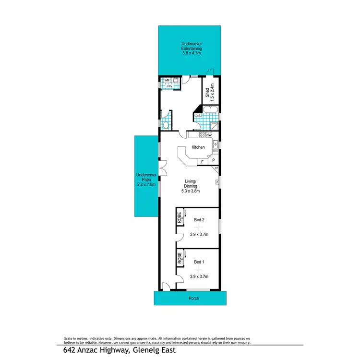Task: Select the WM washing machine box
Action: (167, 80)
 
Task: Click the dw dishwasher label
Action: (209, 135)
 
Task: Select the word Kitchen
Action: (198, 147)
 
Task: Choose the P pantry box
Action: (213, 162)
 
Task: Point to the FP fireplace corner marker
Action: (216, 168)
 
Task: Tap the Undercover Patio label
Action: (146, 180)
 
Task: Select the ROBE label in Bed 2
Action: (180, 218)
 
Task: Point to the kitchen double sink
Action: (216, 145)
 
